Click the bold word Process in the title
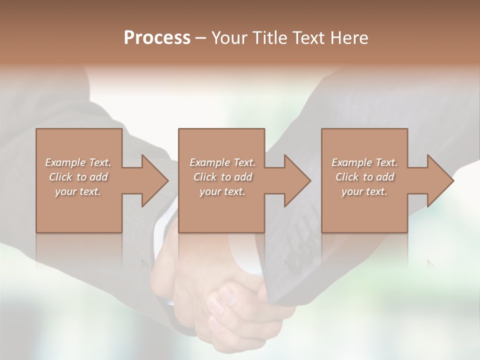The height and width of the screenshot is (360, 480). [x=157, y=38]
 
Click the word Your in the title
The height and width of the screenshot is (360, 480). [x=229, y=38]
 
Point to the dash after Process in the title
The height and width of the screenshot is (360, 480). [x=200, y=38]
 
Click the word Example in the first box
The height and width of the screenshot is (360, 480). [x=65, y=162]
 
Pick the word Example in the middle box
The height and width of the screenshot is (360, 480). [x=209, y=162]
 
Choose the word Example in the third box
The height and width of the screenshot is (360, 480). [x=351, y=162]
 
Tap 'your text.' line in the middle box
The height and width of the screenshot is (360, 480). [x=222, y=191]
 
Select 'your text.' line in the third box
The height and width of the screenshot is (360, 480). [x=364, y=191]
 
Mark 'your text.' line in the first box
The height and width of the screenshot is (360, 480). [x=77, y=191]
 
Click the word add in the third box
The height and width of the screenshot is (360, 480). [x=385, y=177]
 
